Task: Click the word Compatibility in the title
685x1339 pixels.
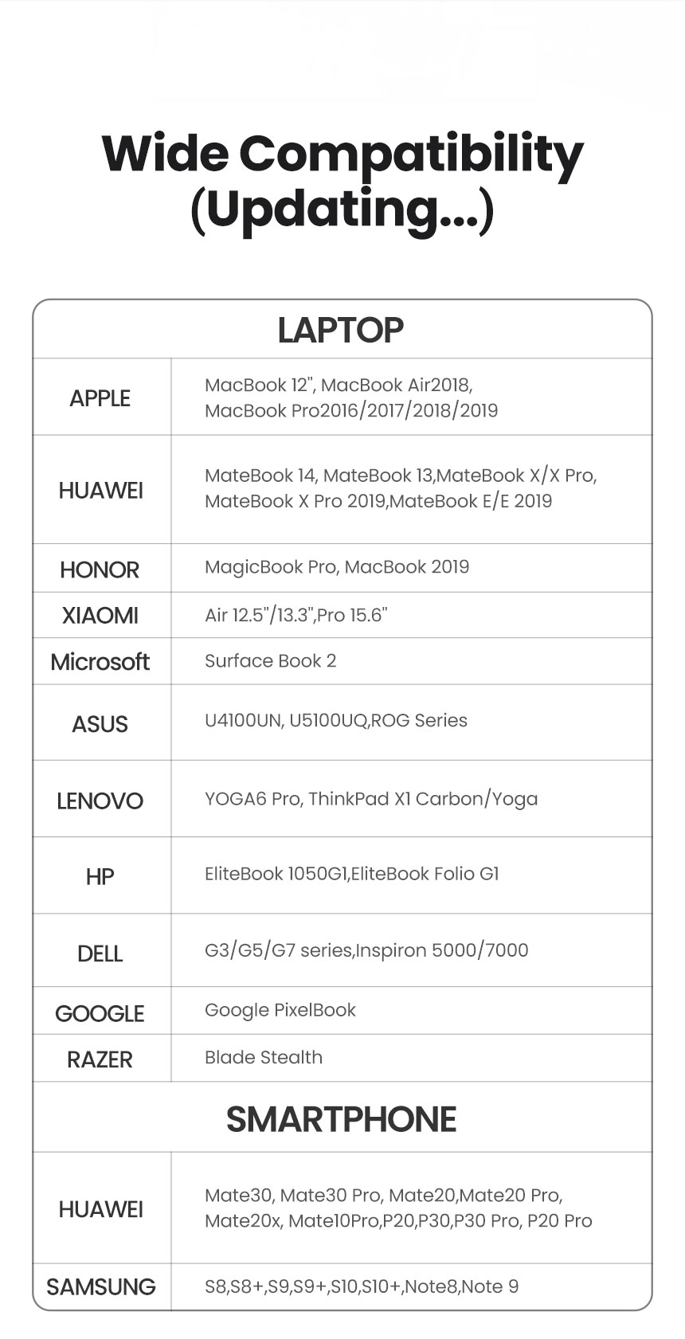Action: coord(411,155)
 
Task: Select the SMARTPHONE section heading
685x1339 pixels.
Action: coord(341,1119)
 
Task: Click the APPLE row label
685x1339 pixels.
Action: coord(100,398)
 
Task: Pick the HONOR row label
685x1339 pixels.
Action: coord(100,570)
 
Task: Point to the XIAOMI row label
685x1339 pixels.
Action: coord(100,616)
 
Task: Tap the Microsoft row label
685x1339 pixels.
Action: coord(100,662)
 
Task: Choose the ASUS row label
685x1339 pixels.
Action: coord(100,724)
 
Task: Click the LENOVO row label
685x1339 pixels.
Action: coord(100,801)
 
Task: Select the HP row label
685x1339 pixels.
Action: coord(100,877)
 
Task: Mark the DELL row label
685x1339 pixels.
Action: coord(100,953)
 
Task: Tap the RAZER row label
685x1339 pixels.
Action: coord(100,1059)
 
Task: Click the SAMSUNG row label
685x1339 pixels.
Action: coord(101,1286)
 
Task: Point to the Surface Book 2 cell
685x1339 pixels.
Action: coord(270,661)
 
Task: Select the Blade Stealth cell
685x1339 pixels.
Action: coord(264,1057)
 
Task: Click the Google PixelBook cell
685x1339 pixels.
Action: coord(280,1010)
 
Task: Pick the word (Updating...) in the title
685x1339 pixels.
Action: coord(342,209)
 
